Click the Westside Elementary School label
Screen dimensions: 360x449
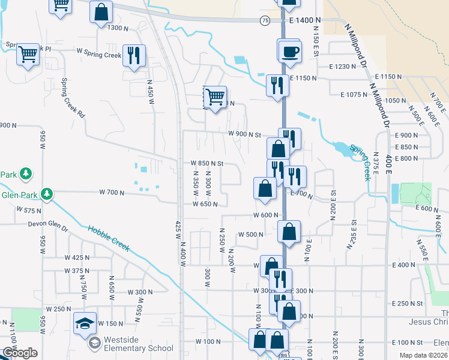(138, 344)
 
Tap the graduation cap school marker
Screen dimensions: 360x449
(85, 323)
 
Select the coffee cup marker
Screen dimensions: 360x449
(289, 51)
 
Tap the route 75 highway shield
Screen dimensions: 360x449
(265, 20)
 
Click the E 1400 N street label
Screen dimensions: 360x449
(305, 20)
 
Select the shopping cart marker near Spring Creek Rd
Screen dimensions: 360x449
(28, 55)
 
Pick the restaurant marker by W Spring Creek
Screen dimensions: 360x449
(133, 56)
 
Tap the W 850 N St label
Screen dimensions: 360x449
(206, 163)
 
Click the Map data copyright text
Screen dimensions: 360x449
(423, 355)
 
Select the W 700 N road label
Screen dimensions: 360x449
(111, 193)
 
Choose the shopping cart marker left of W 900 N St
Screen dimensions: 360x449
(215, 96)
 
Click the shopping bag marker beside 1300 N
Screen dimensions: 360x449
(101, 11)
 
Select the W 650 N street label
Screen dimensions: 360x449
(205, 204)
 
